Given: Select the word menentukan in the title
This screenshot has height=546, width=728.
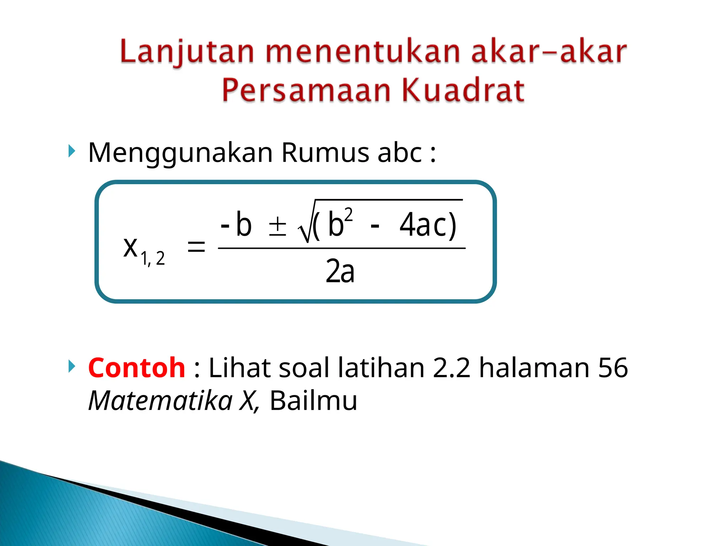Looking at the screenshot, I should pyautogui.click(x=363, y=52).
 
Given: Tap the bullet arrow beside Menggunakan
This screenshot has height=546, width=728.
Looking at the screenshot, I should pyautogui.click(x=72, y=151).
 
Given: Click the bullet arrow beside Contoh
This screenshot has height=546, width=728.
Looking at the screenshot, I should pyautogui.click(x=72, y=366).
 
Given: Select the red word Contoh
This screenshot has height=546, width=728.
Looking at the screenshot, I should pyautogui.click(x=136, y=368).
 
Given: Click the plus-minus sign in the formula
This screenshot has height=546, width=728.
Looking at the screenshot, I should pyautogui.click(x=277, y=226).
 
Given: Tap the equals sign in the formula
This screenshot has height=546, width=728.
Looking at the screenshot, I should pyautogui.click(x=196, y=246).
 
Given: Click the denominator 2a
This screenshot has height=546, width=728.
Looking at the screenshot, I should pyautogui.click(x=340, y=272).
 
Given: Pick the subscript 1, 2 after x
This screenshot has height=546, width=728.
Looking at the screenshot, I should pyautogui.click(x=153, y=258).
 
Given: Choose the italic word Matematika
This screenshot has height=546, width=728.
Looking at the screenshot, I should pyautogui.click(x=160, y=401).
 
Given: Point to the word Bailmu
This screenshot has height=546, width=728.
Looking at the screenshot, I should pyautogui.click(x=313, y=401).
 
